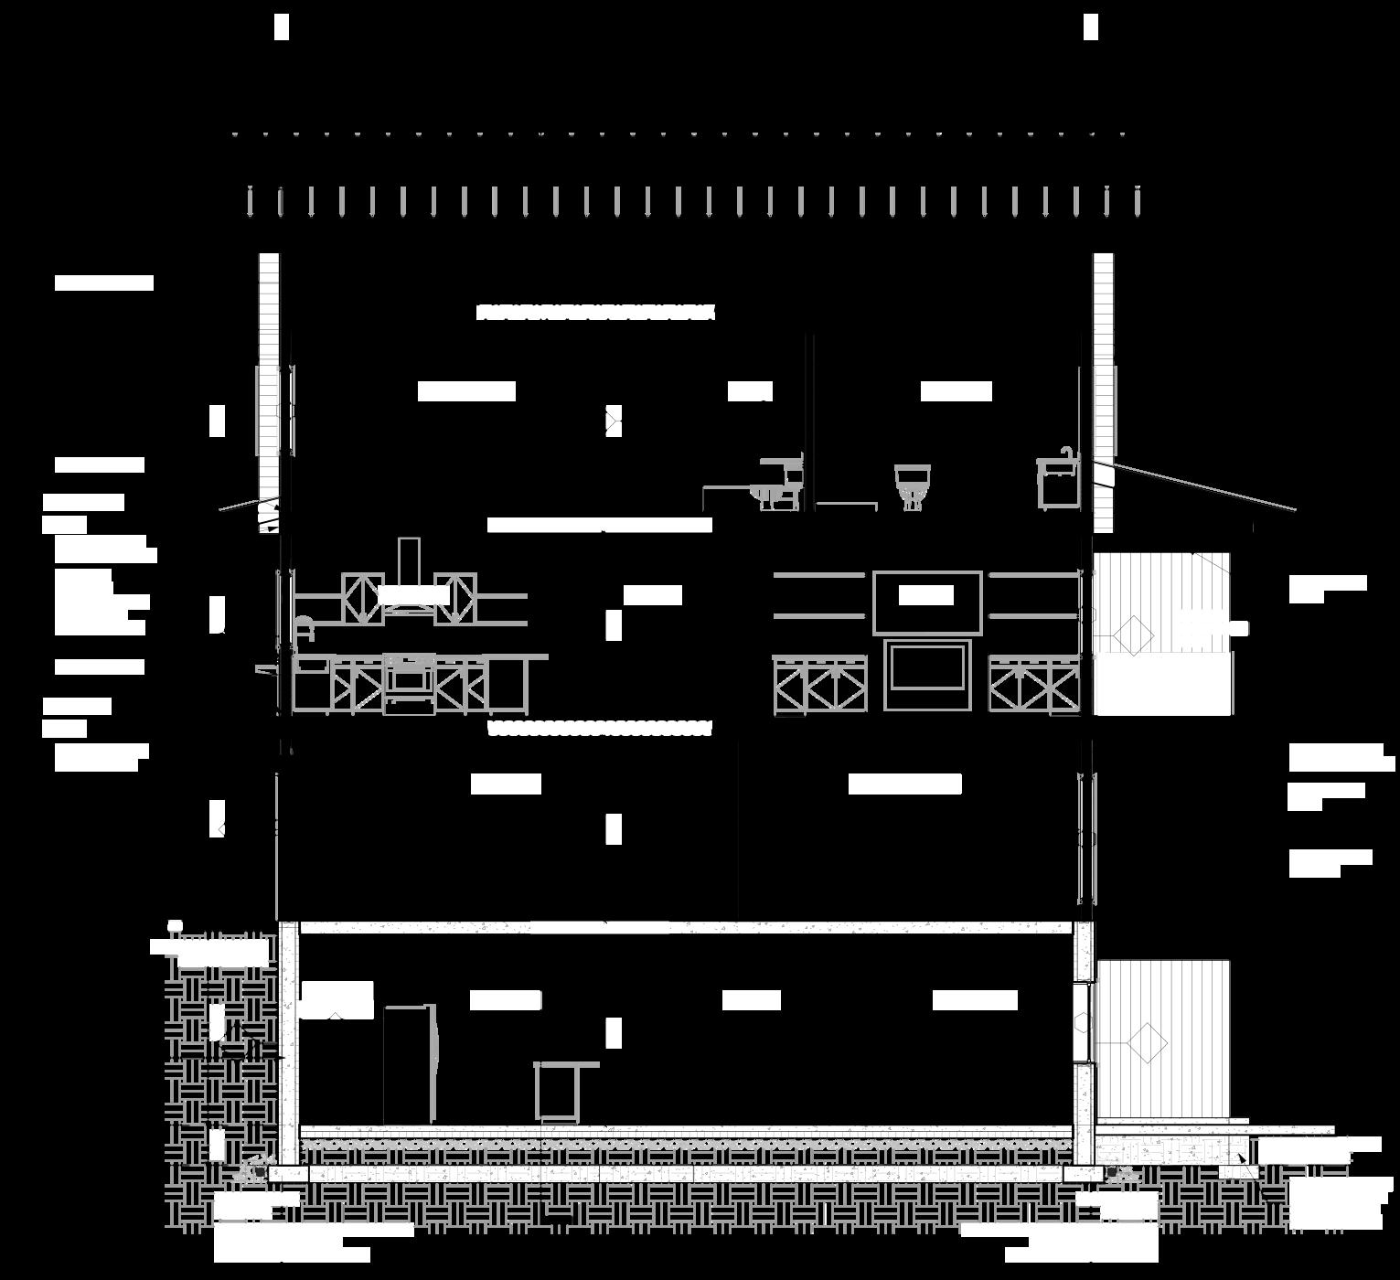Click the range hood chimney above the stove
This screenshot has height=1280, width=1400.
[x=409, y=560]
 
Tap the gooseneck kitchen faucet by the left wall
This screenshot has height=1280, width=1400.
[x=304, y=629]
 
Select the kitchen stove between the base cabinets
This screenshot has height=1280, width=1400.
[x=409, y=684]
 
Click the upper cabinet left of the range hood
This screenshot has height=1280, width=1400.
[x=362, y=598]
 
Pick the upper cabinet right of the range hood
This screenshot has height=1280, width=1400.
[x=456, y=598]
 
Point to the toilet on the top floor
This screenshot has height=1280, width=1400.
[x=912, y=484]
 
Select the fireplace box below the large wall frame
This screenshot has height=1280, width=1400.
[x=927, y=676]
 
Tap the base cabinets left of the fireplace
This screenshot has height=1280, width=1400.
[x=819, y=685]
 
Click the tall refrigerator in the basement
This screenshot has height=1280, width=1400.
[x=410, y=1064]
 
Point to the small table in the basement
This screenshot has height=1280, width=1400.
[x=560, y=1090]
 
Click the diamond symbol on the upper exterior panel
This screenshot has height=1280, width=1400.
[x=1133, y=635]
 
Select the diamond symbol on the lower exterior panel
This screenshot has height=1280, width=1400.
[x=1146, y=1041]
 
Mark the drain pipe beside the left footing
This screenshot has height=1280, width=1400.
[x=261, y=1171]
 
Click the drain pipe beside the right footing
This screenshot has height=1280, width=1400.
[x=1111, y=1171]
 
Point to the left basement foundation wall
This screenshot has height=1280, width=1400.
[x=288, y=1042]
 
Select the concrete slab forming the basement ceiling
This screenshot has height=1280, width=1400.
[x=686, y=927]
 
